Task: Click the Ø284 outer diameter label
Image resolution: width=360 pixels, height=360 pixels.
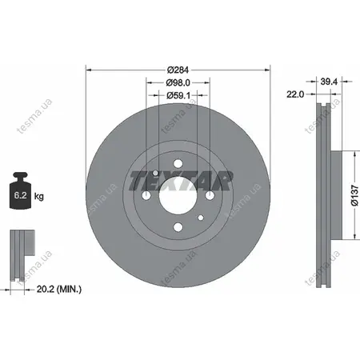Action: pyautogui.click(x=178, y=70)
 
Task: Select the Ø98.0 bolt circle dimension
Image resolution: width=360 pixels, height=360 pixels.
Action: pyautogui.click(x=178, y=82)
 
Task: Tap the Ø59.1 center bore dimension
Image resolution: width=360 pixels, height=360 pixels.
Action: pyautogui.click(x=178, y=95)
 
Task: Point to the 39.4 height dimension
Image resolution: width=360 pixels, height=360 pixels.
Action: pyautogui.click(x=329, y=82)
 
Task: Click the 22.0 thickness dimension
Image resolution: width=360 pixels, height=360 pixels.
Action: pyautogui.click(x=295, y=94)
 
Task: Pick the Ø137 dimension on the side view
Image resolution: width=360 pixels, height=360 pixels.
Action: pyautogui.click(x=354, y=195)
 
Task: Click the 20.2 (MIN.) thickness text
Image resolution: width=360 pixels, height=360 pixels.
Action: pyautogui.click(x=59, y=289)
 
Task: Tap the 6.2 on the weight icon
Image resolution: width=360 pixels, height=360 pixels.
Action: pyautogui.click(x=20, y=195)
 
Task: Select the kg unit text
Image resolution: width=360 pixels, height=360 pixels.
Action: pyautogui.click(x=39, y=197)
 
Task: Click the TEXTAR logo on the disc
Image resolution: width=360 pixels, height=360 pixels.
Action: pyautogui.click(x=180, y=181)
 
